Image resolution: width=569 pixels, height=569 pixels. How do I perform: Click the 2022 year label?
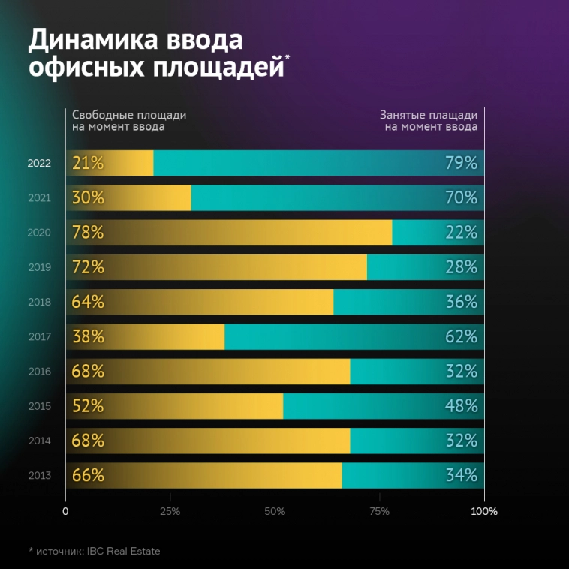[38, 163]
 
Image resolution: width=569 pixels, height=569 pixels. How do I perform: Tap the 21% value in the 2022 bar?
[88, 163]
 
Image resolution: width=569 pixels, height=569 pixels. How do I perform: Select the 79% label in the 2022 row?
[461, 163]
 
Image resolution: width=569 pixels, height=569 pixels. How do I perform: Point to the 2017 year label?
[38, 337]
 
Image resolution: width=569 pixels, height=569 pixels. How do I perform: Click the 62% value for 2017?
[461, 337]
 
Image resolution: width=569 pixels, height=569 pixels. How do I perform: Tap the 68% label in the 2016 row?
[88, 372]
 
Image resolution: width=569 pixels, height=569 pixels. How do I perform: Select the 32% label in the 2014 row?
[461, 441]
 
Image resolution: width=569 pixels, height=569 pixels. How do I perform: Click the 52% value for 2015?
[88, 406]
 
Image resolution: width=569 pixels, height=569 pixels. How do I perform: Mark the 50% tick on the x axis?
[275, 512]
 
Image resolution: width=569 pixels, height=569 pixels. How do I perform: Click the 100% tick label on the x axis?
[484, 512]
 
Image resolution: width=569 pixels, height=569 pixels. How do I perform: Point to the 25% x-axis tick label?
[170, 512]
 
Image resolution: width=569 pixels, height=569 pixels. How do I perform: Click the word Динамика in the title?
[98, 39]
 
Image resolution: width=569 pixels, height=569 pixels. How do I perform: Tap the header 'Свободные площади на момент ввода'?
[128, 120]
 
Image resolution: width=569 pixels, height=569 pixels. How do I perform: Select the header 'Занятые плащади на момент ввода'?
[429, 120]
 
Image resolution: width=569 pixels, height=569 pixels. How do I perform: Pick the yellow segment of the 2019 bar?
[225, 267]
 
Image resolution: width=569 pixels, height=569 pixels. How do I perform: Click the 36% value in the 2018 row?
[461, 302]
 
